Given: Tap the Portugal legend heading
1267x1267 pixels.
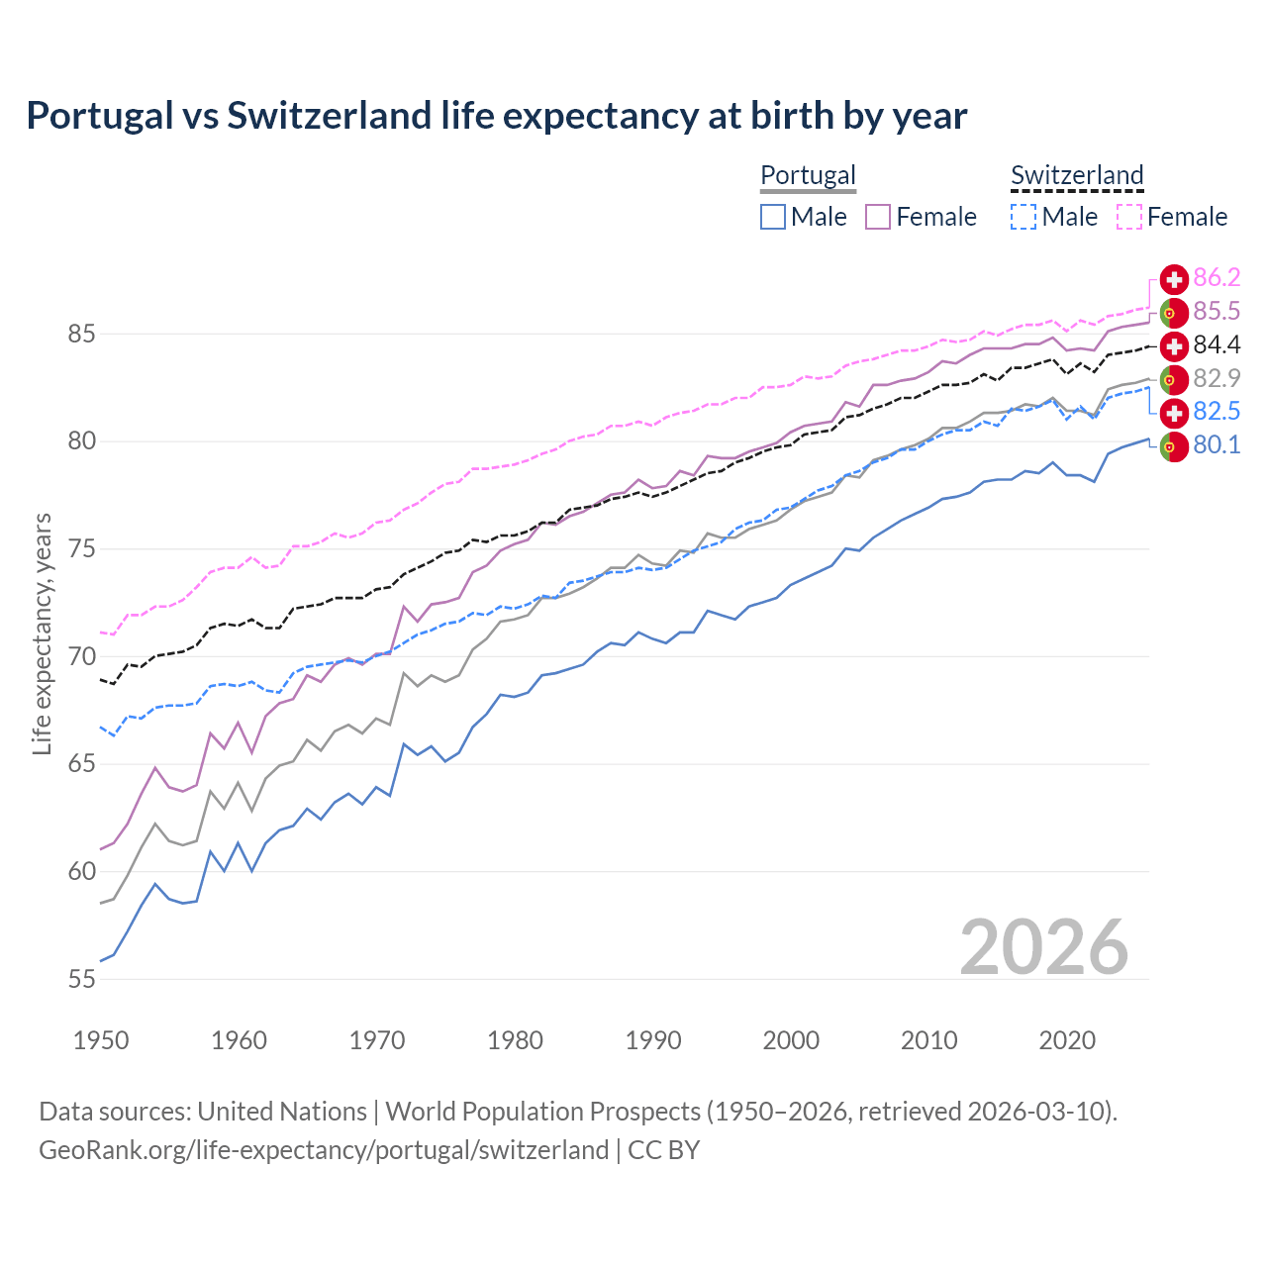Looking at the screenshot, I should pos(808,175).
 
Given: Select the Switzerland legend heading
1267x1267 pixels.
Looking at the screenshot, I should pos(1077,175).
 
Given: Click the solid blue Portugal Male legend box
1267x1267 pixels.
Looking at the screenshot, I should pos(773,217).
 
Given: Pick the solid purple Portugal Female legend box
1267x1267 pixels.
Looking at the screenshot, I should pos(878,217).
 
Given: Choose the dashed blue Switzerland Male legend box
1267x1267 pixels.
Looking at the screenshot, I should pos(1023,217).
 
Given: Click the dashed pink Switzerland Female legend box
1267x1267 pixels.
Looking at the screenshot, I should pos(1129,217).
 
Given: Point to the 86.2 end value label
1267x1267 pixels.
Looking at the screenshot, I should pos(1217,278).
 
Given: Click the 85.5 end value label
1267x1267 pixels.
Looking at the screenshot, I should pos(1217,312).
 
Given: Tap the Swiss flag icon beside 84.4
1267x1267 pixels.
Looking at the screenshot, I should pos(1174,345).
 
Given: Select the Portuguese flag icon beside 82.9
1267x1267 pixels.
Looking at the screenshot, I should pos(1174,379).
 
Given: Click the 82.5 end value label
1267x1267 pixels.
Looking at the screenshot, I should pos(1217,412).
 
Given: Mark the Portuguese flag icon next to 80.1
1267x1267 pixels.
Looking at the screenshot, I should pos(1174,446).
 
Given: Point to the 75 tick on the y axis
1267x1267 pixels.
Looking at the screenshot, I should pos(81,548).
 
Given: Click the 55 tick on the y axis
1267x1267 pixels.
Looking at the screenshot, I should pos(81,979).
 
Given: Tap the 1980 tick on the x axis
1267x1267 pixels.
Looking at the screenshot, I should pos(515,1040).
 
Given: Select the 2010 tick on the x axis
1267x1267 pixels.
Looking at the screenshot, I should pos(928,1040).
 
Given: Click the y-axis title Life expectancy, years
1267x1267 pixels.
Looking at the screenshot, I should pos(42,633).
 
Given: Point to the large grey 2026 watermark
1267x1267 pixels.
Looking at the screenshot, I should pos(1043,947).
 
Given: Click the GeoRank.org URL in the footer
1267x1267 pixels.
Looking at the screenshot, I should pos(324,1150).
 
